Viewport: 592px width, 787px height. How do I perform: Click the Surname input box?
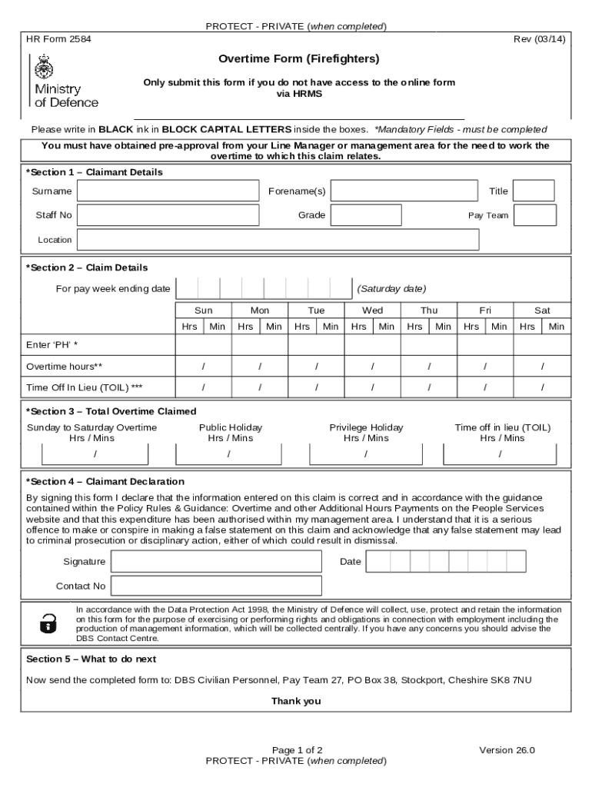168,191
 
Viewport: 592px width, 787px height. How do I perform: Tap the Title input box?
534,191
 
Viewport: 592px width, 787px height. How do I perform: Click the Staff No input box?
168,215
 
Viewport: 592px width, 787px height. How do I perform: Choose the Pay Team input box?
535,215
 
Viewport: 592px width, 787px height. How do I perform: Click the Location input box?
278,240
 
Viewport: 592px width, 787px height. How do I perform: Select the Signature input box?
217,562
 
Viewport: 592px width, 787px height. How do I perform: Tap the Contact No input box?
217,586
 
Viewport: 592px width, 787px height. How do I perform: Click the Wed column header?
372,310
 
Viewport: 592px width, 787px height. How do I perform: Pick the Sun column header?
204,310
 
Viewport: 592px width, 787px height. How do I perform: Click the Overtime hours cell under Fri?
485,367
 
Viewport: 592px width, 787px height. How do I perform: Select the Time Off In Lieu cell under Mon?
260,387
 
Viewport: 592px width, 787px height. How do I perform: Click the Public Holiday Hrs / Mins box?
230,454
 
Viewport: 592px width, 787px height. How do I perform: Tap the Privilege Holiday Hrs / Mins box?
366,454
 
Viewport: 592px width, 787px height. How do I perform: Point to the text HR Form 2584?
58,39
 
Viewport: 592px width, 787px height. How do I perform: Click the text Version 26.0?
507,750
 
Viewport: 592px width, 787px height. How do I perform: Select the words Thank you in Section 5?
296,701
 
